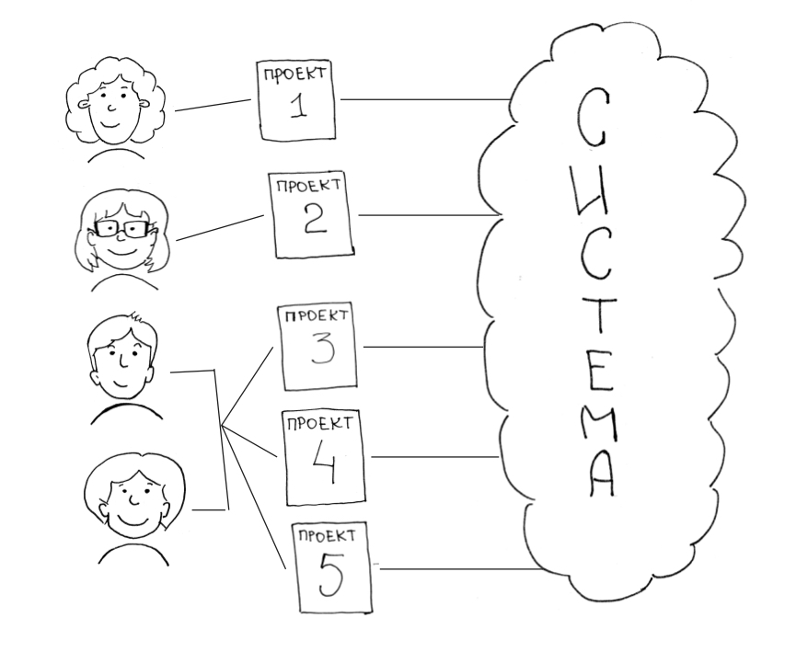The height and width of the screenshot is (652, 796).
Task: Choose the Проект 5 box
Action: tap(333, 566)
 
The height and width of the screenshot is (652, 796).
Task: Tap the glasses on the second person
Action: tap(121, 227)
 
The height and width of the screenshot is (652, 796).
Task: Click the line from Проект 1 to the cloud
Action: tap(423, 98)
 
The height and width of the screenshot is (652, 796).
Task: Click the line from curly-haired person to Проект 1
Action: tap(213, 106)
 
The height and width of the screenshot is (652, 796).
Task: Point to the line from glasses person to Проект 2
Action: tap(221, 228)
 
